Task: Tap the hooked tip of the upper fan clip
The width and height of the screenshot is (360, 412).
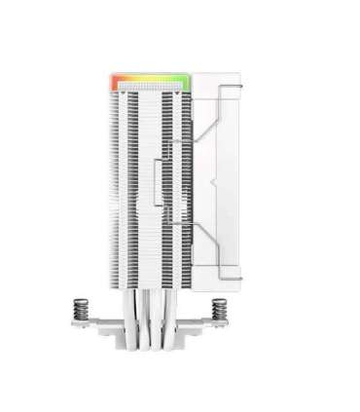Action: [x=175, y=146]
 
